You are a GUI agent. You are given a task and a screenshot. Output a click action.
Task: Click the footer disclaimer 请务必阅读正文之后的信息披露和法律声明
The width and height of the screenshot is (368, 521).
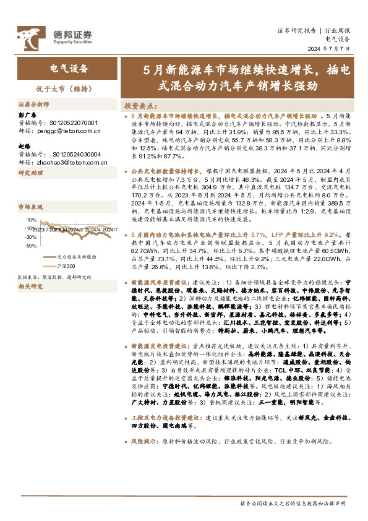point(293,504)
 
